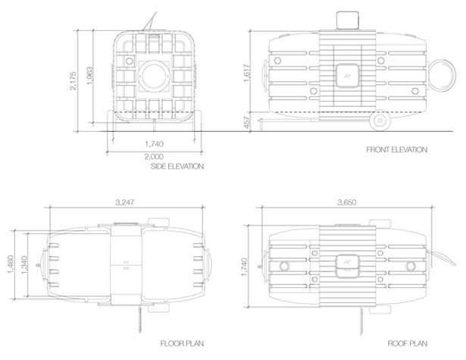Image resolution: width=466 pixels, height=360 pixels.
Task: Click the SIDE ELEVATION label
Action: [x=177, y=166]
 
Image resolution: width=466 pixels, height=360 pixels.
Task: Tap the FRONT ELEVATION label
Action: [x=397, y=149]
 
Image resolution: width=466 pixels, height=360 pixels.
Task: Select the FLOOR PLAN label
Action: [x=182, y=343]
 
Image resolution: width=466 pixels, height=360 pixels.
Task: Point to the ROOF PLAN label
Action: [x=408, y=343]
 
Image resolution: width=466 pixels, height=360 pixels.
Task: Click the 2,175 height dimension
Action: [x=73, y=80]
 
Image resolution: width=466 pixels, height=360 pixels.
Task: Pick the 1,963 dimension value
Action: [x=89, y=76]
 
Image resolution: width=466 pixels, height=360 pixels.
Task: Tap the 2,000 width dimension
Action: [x=154, y=156]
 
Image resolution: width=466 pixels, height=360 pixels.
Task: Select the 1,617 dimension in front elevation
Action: [x=247, y=73]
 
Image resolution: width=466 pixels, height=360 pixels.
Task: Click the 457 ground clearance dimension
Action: [x=247, y=122]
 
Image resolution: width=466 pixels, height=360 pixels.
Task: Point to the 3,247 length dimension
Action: [x=125, y=202]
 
